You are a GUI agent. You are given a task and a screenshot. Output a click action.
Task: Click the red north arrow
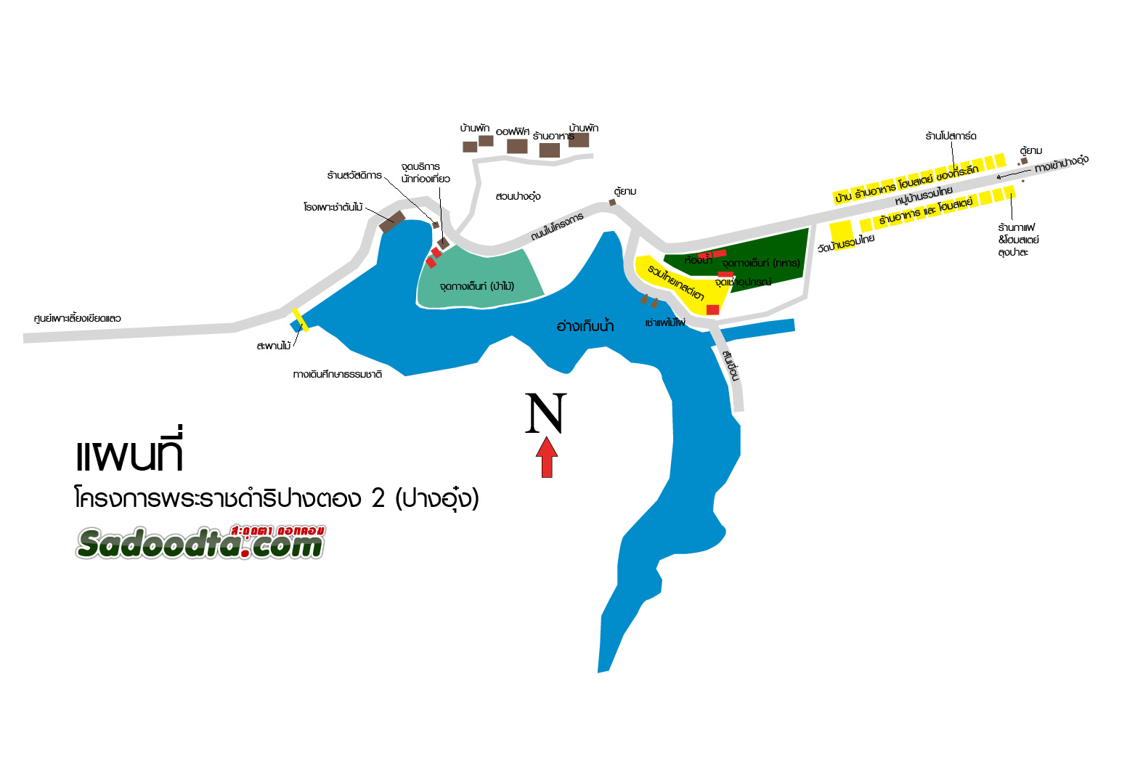(x=547, y=458)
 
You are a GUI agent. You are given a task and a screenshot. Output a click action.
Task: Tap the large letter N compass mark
(x=545, y=414)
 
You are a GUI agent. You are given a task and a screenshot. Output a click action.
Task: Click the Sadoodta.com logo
(x=200, y=542)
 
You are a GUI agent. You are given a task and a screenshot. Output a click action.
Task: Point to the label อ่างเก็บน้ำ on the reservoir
(x=585, y=327)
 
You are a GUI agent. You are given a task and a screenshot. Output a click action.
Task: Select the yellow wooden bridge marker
(x=300, y=320)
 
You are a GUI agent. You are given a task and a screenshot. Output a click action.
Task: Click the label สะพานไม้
(x=273, y=346)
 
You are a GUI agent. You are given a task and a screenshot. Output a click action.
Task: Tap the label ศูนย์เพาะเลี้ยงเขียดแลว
(x=78, y=318)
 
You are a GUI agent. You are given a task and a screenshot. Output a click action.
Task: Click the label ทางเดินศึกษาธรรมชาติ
(x=338, y=375)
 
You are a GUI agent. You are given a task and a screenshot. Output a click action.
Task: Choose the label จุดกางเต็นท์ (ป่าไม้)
(x=476, y=286)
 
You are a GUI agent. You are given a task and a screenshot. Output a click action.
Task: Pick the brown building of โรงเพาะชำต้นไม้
(x=392, y=221)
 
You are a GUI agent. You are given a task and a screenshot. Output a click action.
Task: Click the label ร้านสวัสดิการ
(x=354, y=176)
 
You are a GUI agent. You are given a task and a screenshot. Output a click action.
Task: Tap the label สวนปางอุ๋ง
(x=518, y=196)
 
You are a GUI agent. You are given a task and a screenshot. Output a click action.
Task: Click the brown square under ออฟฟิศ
(x=517, y=146)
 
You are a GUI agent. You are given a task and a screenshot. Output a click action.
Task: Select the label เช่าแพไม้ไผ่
(x=665, y=322)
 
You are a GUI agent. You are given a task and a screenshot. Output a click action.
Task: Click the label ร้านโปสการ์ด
(x=951, y=136)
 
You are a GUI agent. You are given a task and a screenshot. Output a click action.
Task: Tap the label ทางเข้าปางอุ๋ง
(x=1061, y=164)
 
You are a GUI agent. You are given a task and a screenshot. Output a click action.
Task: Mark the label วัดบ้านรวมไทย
(x=846, y=243)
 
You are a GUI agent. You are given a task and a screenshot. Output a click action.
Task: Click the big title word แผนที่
(x=129, y=455)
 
